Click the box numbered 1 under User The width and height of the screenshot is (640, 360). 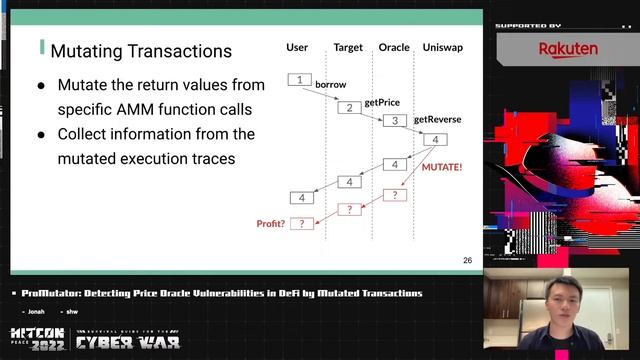299,79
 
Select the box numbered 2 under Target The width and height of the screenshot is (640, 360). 348,108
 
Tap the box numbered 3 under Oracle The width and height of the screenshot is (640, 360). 395,121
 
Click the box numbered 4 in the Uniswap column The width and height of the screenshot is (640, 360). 435,139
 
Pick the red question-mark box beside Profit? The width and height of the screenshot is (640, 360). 301,224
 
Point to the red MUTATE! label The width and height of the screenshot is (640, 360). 442,168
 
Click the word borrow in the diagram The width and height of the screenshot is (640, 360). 330,85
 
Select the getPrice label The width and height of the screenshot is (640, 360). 381,102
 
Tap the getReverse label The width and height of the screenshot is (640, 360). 437,119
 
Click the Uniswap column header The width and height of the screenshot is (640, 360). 441,47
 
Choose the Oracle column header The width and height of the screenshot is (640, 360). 394,47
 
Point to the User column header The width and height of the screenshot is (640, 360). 297,47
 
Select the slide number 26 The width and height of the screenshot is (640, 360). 467,260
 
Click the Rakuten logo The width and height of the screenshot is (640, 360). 568,49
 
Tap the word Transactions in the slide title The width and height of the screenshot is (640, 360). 179,50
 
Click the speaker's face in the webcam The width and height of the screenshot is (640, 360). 563,300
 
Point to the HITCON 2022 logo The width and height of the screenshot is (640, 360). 37,340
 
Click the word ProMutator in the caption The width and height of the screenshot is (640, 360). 50,293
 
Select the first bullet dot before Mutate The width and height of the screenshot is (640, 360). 41,86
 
